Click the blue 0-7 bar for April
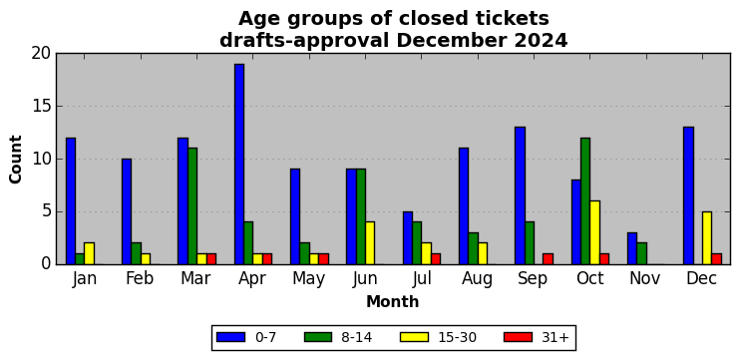(x=239, y=165)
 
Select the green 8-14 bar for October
(x=585, y=201)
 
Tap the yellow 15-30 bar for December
(x=707, y=238)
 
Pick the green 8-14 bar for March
(x=192, y=206)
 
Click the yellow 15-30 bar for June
(x=370, y=243)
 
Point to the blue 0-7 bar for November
(x=632, y=248)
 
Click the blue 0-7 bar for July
(x=408, y=238)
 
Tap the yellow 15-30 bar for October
(x=595, y=233)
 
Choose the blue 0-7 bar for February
(x=127, y=211)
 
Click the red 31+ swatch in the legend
(x=519, y=337)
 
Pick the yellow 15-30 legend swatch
(x=414, y=337)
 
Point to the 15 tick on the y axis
(x=57, y=106)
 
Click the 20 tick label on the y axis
(x=41, y=54)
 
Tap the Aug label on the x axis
(x=477, y=279)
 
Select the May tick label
(x=308, y=279)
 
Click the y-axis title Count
(x=16, y=159)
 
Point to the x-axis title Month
(x=393, y=301)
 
